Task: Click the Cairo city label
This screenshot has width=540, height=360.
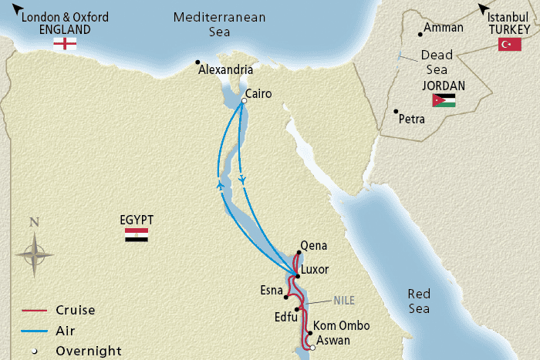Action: [x=261, y=95]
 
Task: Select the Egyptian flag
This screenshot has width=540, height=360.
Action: [x=137, y=235]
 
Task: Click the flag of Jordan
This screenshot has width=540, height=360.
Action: [x=444, y=100]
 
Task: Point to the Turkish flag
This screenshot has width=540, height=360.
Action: [x=508, y=45]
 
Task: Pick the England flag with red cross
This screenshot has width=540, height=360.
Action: [x=65, y=44]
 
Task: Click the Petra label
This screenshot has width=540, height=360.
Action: [x=412, y=119]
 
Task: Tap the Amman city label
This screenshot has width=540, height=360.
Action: [x=445, y=28]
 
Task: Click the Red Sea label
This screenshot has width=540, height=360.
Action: [x=420, y=301]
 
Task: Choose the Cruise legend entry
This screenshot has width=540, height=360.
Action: [x=75, y=311]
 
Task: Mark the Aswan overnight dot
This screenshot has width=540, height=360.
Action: [x=313, y=348]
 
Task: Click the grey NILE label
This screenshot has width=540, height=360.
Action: [x=343, y=300]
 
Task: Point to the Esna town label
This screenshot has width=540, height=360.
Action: [x=272, y=291]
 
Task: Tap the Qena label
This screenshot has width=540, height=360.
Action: [x=313, y=246]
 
